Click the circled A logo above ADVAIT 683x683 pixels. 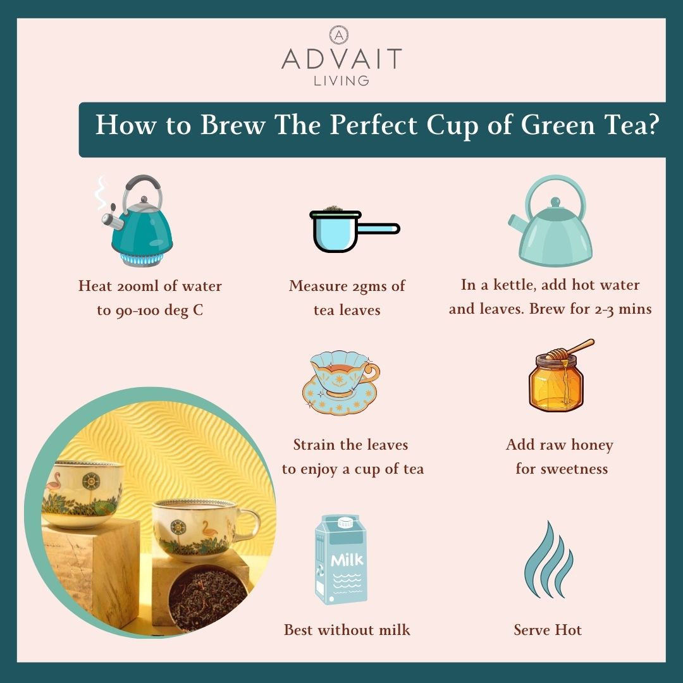coord(339,35)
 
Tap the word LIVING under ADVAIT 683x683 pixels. coord(341,80)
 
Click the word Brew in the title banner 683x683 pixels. coord(233,125)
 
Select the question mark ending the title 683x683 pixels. coord(653,125)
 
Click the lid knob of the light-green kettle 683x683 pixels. coord(555,202)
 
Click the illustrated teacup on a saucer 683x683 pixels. coord(341,382)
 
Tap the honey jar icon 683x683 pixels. coord(556,383)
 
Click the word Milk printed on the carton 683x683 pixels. coord(347,560)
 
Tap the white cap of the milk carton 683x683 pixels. coord(345,522)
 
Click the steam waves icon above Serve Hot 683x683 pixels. coord(549,560)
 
